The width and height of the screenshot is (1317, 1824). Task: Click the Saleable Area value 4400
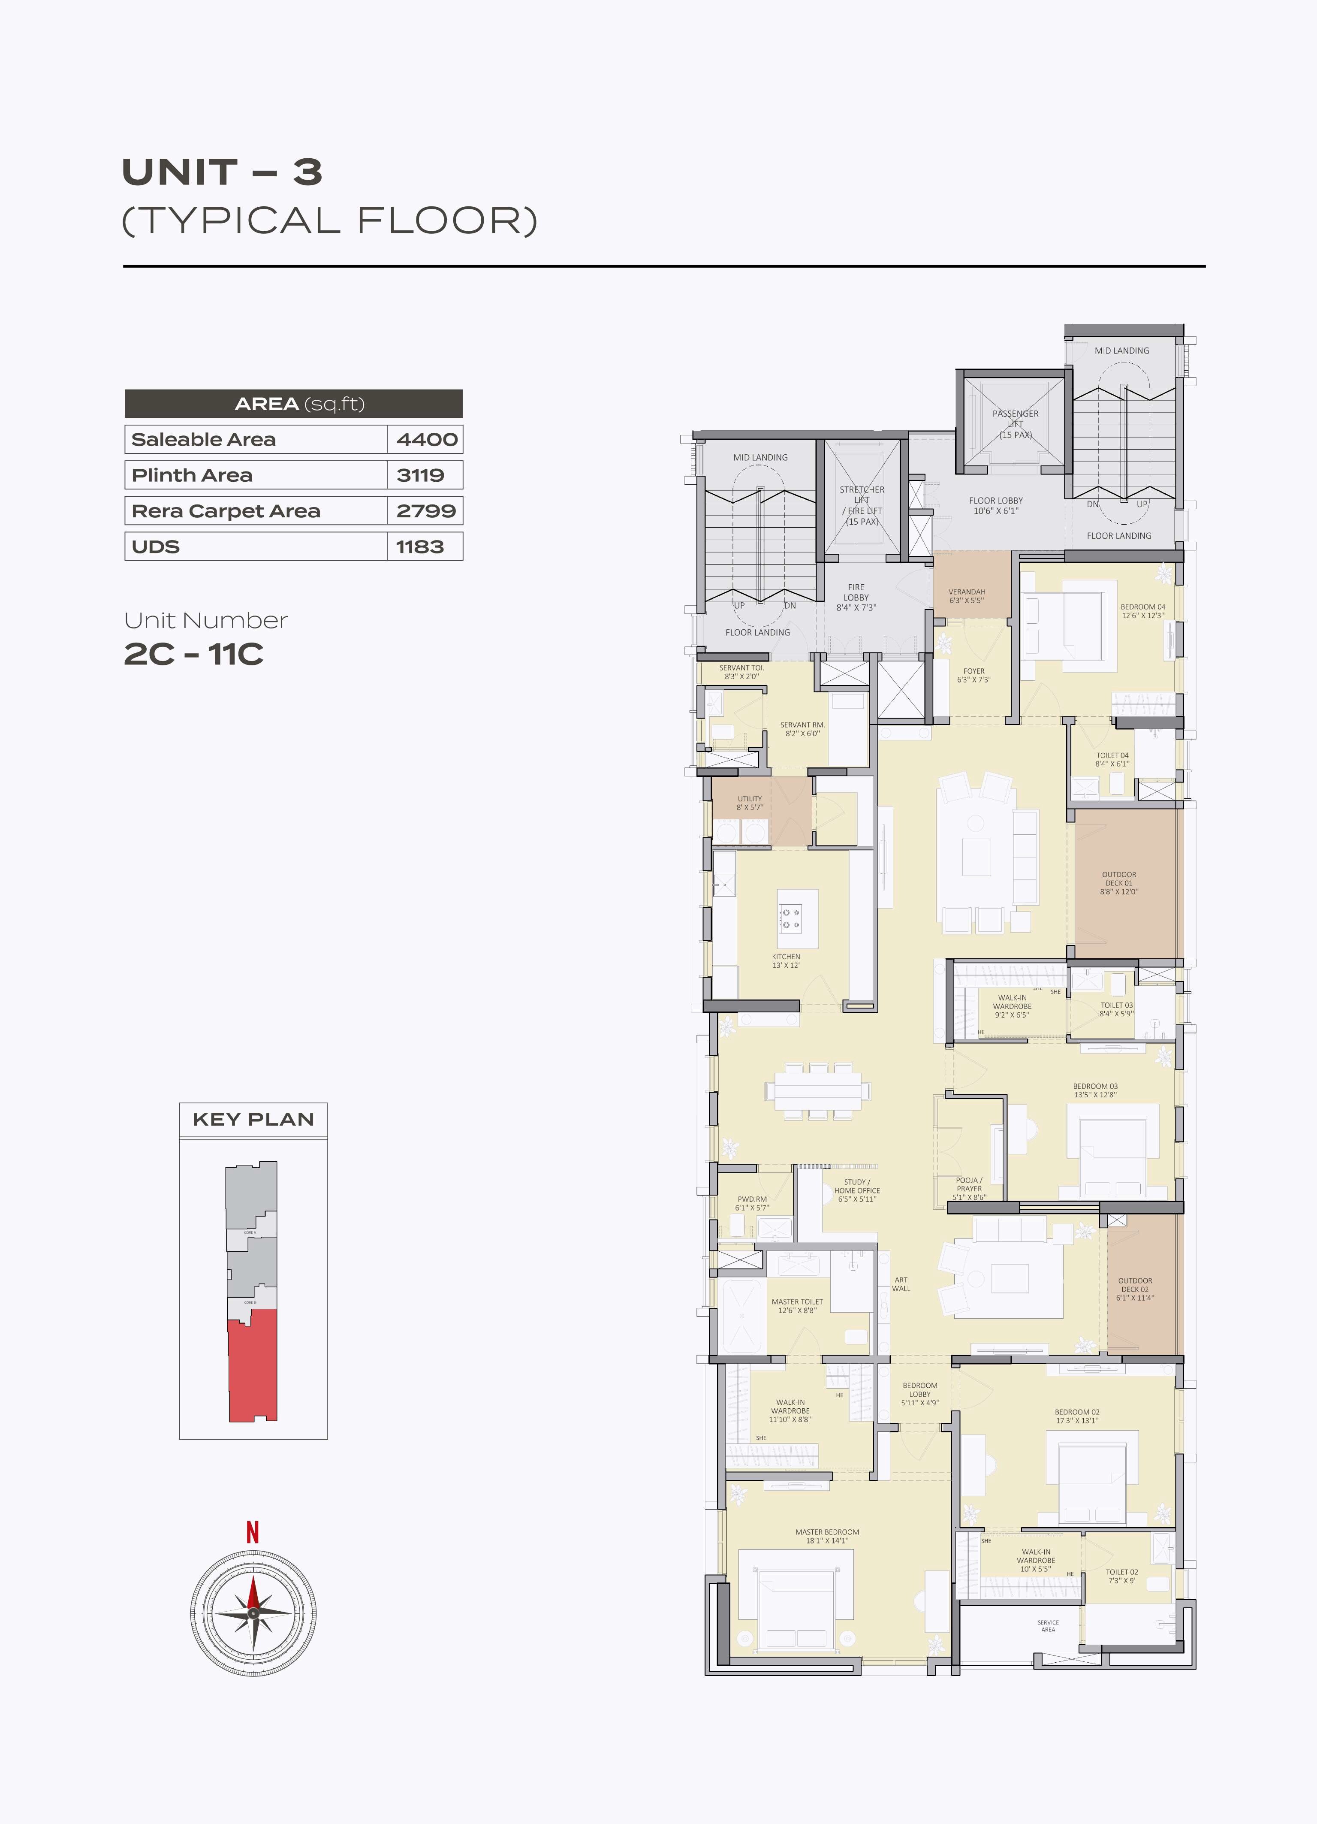(426, 439)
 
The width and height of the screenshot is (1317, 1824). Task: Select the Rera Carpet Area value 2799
(426, 510)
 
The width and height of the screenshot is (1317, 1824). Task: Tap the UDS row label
(156, 547)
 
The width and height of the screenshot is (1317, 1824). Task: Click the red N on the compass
(253, 1532)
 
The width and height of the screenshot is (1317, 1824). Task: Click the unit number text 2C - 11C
(194, 654)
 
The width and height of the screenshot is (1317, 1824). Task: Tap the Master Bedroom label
(827, 1536)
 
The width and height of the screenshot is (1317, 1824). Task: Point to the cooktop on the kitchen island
(790, 918)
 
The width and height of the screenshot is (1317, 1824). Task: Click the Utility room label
(749, 803)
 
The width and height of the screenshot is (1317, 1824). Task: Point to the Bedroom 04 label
(1142, 611)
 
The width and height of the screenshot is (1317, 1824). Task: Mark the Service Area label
(1048, 1625)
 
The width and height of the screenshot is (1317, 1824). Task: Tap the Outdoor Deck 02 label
(1134, 1288)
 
